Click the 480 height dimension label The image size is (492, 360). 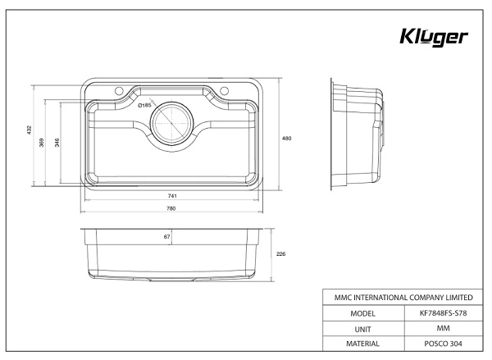point(287,139)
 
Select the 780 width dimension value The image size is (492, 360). point(171,209)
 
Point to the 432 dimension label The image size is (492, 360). point(28,131)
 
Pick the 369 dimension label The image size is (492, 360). point(43,142)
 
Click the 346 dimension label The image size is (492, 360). point(57,144)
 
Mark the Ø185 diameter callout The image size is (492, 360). point(144,106)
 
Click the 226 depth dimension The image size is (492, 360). point(280,254)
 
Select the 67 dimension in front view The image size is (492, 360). point(167,238)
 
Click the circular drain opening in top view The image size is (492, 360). point(172,123)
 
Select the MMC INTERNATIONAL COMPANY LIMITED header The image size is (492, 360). point(399,296)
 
